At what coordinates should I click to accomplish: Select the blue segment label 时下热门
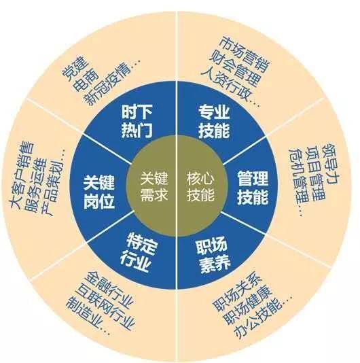click(137, 121)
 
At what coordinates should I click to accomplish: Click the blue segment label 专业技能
click(214, 121)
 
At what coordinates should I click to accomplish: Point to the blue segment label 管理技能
click(253, 188)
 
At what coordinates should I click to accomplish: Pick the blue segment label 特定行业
click(139, 254)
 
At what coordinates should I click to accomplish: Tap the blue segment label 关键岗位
click(98, 192)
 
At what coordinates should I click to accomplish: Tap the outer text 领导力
click(331, 164)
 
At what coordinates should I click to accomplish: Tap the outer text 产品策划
click(53, 184)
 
